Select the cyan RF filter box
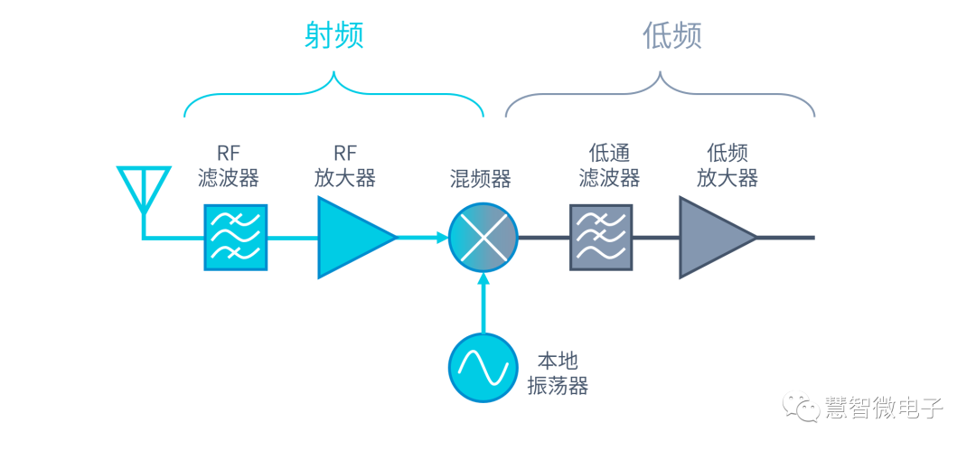pos(236,238)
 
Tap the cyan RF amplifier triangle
pos(352,238)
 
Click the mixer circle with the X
pos(483,238)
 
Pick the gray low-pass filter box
pos(601,238)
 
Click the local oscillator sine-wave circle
pos(483,367)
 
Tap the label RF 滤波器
pos(229,164)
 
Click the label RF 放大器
pos(345,164)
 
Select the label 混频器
pos(480,178)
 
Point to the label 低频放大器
pos(727,164)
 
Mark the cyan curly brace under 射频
pos(333,95)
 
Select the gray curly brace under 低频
pos(661,95)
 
